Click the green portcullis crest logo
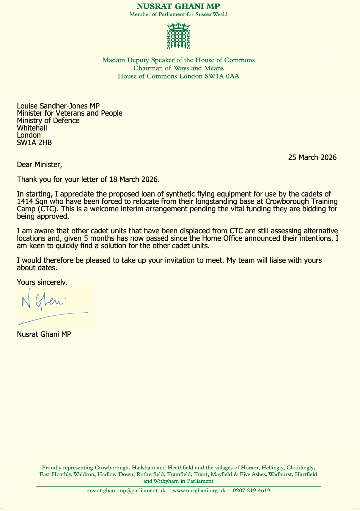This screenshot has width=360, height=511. [x=178, y=36]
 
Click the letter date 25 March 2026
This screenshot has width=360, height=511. [x=312, y=157]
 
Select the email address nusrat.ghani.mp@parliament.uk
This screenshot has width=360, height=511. [x=126, y=490]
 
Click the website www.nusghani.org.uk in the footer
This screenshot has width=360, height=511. [x=199, y=490]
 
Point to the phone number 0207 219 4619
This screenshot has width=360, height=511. [x=251, y=490]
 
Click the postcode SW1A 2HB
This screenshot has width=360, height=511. [x=34, y=143]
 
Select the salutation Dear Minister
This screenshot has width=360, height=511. [x=40, y=164]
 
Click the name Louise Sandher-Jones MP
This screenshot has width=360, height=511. [x=58, y=106]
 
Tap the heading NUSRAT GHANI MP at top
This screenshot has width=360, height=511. [x=178, y=6]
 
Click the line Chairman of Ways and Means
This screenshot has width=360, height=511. [x=178, y=68]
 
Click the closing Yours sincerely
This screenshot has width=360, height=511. [x=42, y=282]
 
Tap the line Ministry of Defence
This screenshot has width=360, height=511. [x=48, y=121]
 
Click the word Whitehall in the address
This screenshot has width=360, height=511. [x=32, y=128]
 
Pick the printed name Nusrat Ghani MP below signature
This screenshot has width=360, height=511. [x=44, y=334]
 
